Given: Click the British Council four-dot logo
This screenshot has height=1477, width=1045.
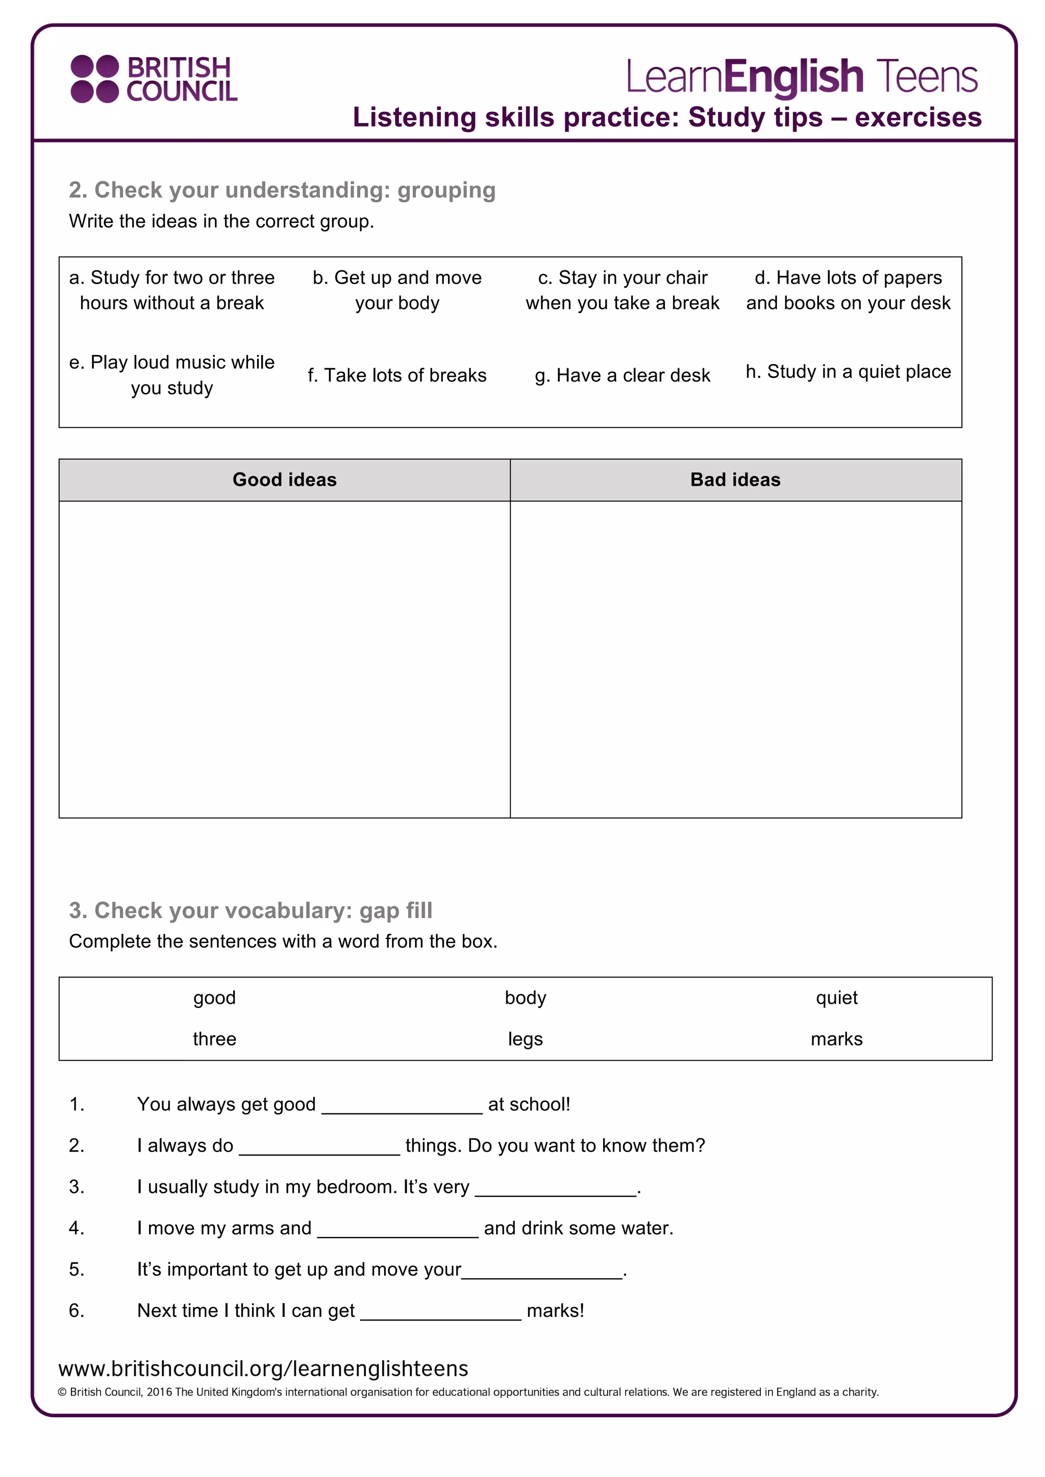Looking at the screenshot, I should pyautogui.click(x=94, y=79).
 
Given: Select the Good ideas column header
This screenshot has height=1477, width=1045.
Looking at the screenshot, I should pyautogui.click(x=284, y=480).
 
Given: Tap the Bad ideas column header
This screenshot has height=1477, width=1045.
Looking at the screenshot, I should pyautogui.click(x=735, y=480).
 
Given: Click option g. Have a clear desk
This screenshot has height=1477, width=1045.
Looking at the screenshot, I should pyautogui.click(x=622, y=375).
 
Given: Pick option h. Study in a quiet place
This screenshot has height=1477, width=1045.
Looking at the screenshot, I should pyautogui.click(x=848, y=372).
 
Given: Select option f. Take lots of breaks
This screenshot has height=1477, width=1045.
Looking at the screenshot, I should pyautogui.click(x=396, y=375).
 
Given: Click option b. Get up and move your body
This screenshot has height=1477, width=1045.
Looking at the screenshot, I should pyautogui.click(x=397, y=290).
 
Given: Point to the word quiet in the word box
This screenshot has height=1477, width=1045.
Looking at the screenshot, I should pyautogui.click(x=836, y=998).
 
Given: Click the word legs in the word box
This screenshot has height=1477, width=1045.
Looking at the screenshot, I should pyautogui.click(x=525, y=1039).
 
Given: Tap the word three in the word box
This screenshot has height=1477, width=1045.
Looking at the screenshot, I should pyautogui.click(x=214, y=1039).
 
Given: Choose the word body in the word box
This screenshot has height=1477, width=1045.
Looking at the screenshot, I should pyautogui.click(x=525, y=998).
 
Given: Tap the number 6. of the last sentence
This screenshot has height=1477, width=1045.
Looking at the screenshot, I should pyautogui.click(x=77, y=1310).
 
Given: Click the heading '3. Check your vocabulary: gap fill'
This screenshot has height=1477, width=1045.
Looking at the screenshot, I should pyautogui.click(x=251, y=910).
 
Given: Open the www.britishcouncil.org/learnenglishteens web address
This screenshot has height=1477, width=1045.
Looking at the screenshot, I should pyautogui.click(x=263, y=1368).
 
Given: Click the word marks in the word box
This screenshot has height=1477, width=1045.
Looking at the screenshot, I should pyautogui.click(x=836, y=1039).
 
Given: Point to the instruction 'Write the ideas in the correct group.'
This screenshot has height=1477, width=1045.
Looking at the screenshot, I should pyautogui.click(x=221, y=221).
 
